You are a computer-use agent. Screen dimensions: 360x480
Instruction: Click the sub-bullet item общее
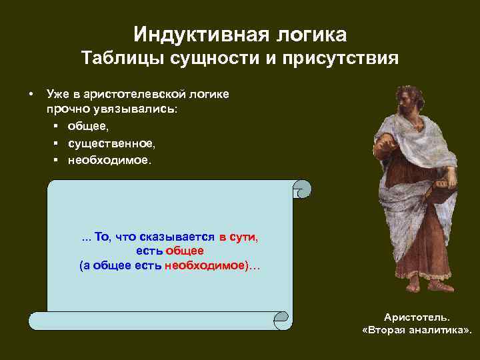pyautogui.click(x=89, y=127)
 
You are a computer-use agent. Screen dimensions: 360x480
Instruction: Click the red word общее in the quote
pyautogui.click(x=185, y=251)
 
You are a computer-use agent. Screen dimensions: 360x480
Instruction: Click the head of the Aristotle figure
pyautogui.click(x=404, y=96)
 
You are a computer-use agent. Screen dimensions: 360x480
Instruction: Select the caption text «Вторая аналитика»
pyautogui.click(x=416, y=331)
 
